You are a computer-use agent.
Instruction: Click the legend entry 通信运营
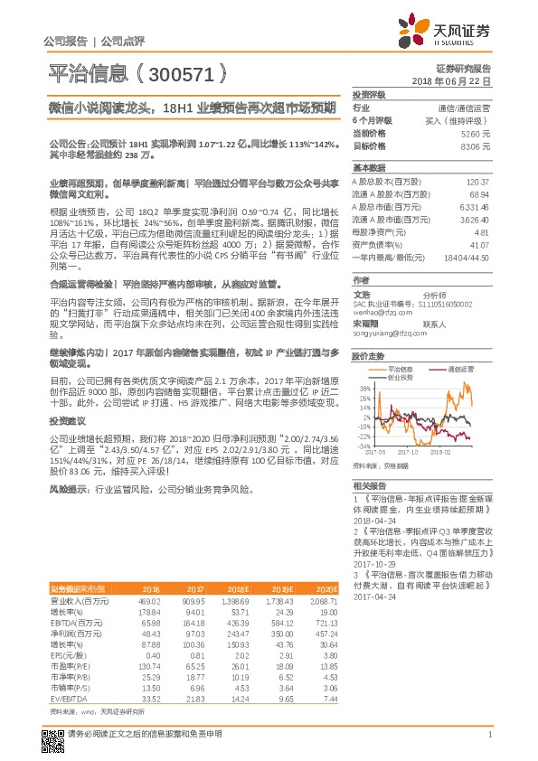(461, 369)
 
